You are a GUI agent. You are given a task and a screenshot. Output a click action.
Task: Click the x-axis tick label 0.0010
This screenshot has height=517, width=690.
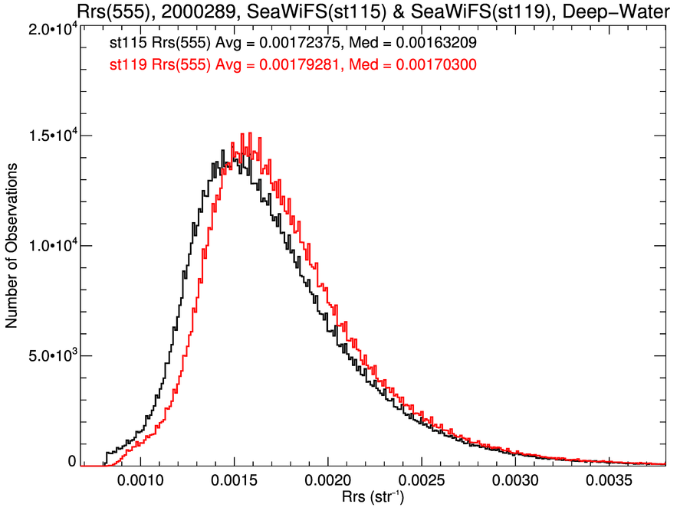141,483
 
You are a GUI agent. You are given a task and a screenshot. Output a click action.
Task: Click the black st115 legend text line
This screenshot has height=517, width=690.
304,47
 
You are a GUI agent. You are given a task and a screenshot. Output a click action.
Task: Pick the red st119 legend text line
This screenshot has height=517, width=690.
304,66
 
